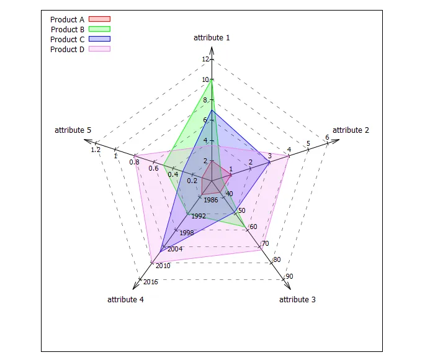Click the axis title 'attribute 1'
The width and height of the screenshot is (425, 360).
[212, 38]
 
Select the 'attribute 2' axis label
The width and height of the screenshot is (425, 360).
[351, 130]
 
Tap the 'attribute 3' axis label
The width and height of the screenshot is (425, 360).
[297, 300]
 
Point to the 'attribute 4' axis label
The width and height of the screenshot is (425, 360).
[125, 300]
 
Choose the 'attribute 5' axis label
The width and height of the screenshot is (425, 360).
[73, 130]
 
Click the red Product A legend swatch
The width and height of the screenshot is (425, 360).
[99, 20]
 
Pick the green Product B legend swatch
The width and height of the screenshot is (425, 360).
[99, 29]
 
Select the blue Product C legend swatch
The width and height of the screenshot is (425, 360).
[99, 39]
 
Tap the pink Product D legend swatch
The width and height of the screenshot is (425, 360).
[99, 49]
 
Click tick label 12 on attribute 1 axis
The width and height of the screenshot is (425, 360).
[205, 60]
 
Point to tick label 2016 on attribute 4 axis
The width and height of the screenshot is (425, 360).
[151, 282]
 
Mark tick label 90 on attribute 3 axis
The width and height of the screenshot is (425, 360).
[290, 276]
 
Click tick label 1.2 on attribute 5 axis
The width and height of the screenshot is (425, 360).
[96, 150]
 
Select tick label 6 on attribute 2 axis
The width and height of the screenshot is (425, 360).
[327, 138]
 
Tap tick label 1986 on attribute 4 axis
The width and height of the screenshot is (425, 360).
[210, 200]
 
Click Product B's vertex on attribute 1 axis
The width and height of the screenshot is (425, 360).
[212, 79]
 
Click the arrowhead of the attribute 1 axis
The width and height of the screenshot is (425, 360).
[212, 49]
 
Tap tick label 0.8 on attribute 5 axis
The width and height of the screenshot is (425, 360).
[135, 162]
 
